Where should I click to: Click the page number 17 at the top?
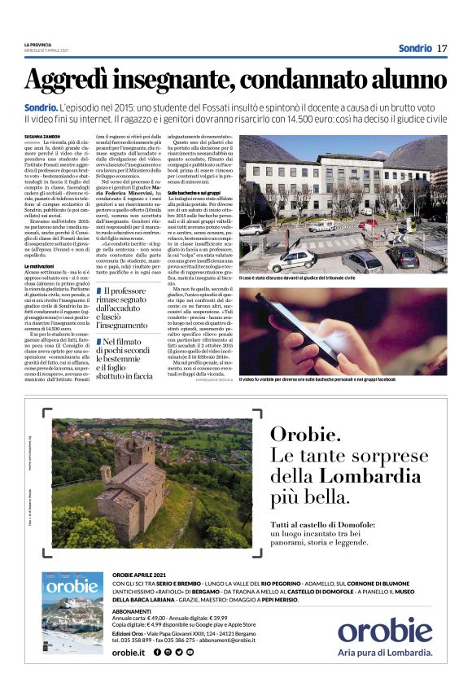442,48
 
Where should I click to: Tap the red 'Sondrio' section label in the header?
415,48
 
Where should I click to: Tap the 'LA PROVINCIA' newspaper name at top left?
37,44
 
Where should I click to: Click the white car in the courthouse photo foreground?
295,260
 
